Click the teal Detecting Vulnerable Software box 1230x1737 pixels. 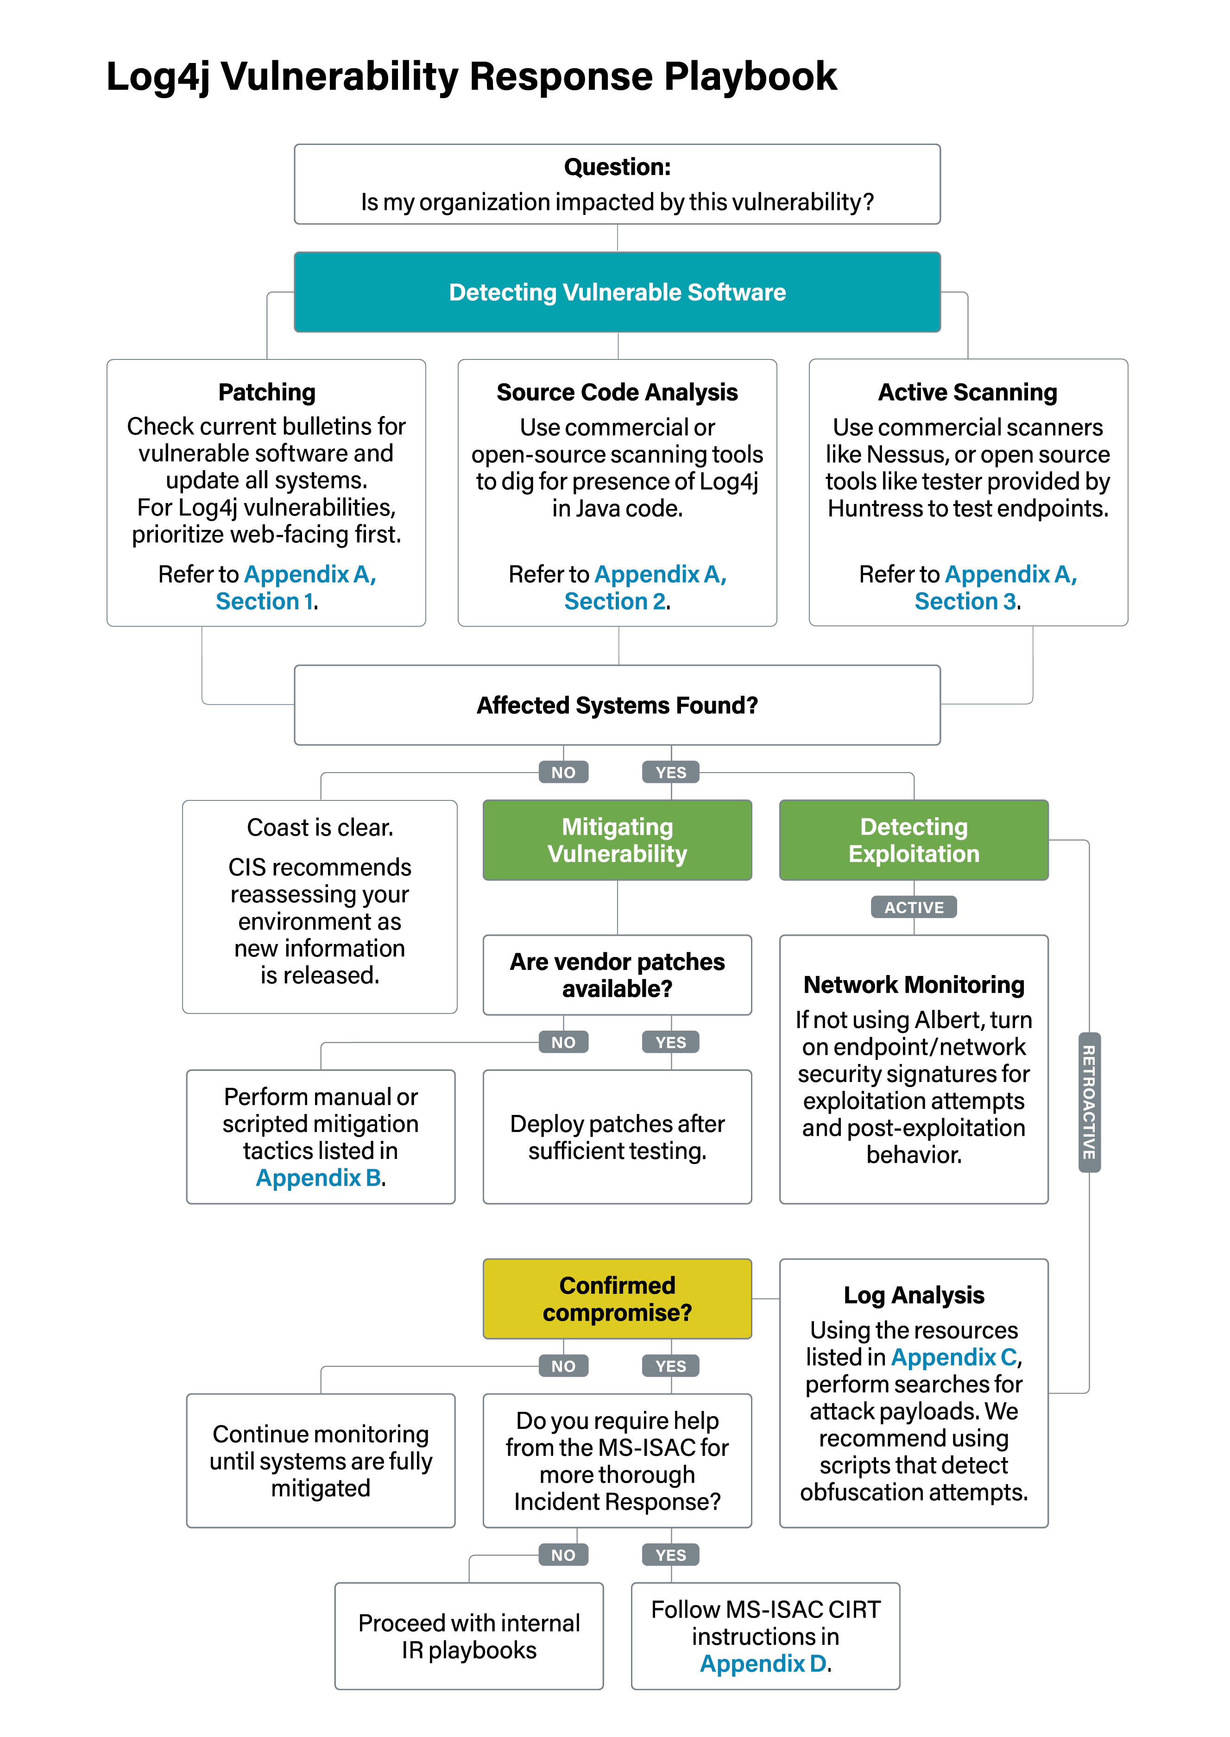[617, 292]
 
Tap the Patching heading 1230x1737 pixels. [266, 392]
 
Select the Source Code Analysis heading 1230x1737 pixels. [617, 392]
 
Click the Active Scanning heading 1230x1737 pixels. [967, 392]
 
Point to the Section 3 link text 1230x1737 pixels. [965, 601]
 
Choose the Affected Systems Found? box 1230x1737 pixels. [617, 705]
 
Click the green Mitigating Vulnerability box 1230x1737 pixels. [617, 840]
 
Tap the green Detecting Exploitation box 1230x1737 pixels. [914, 840]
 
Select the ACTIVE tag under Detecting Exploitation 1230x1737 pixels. [914, 907]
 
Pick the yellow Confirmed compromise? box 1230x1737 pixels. [617, 1299]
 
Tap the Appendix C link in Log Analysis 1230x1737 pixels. [953, 1357]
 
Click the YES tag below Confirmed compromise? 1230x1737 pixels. [670, 1366]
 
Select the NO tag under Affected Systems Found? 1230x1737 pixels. [563, 772]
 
